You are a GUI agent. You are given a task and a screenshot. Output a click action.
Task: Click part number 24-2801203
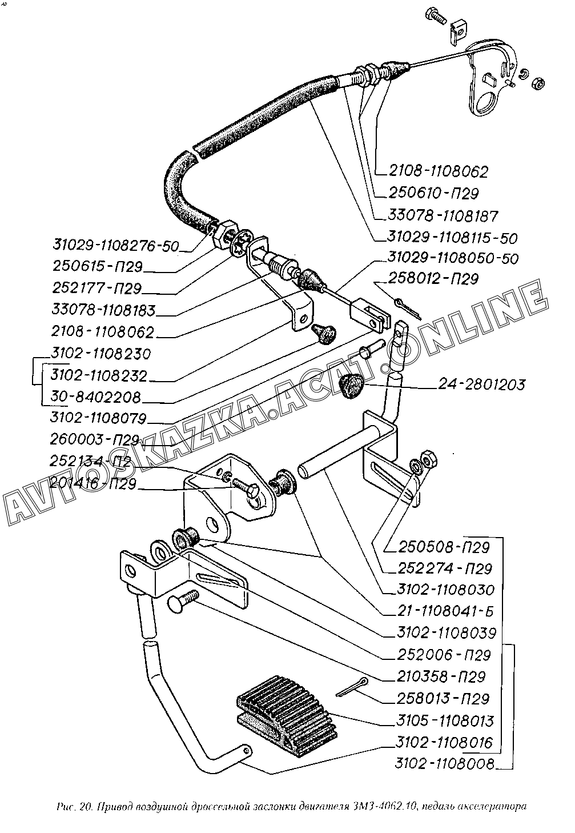(482, 385)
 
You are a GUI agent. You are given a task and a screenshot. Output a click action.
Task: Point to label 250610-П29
(434, 193)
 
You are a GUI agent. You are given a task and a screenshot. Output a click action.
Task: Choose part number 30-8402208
(95, 397)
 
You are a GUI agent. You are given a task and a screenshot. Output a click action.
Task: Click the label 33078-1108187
(443, 216)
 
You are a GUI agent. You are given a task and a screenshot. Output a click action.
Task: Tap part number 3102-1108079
(98, 418)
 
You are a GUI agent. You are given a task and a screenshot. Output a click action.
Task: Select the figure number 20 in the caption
(86, 807)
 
